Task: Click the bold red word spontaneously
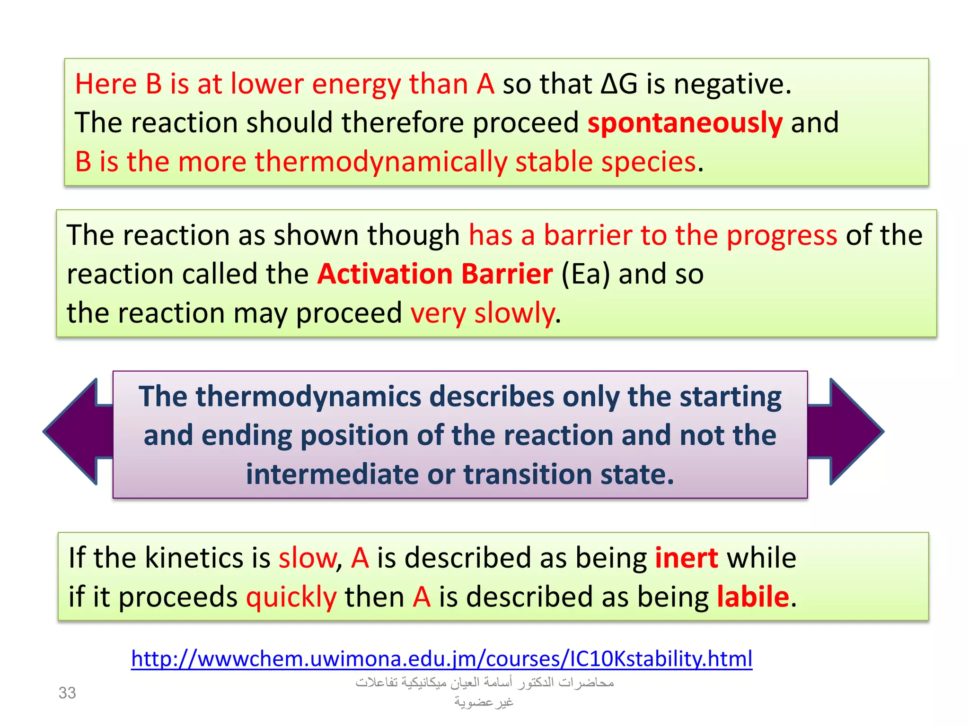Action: point(685,123)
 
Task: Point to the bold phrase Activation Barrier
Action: point(435,274)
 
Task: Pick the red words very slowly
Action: point(483,313)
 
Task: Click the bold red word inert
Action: point(686,558)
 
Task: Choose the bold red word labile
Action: point(753,597)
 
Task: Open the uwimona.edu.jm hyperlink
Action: point(441,658)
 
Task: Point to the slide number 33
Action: point(67,693)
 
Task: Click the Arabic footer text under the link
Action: point(484,692)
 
